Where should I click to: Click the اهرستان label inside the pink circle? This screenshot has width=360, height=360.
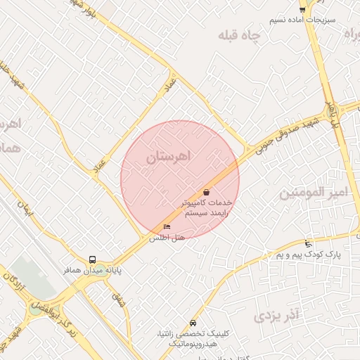click(x=169, y=158)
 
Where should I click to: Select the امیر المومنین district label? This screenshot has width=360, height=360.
click(x=314, y=192)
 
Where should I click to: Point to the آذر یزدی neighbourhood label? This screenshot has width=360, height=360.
click(x=277, y=314)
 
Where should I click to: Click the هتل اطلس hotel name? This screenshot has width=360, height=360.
click(x=167, y=238)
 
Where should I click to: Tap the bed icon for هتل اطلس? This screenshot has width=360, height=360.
click(x=167, y=226)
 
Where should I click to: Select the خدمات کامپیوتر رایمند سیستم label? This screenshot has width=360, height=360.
click(x=207, y=206)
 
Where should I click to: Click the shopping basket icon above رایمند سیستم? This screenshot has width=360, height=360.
click(x=206, y=192)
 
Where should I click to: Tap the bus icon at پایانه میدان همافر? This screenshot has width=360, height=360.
click(x=93, y=259)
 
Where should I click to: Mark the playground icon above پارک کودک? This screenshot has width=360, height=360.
click(x=308, y=243)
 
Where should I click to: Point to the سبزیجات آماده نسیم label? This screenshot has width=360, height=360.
click(x=303, y=19)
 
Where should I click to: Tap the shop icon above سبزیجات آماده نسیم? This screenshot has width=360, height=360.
click(x=302, y=9)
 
